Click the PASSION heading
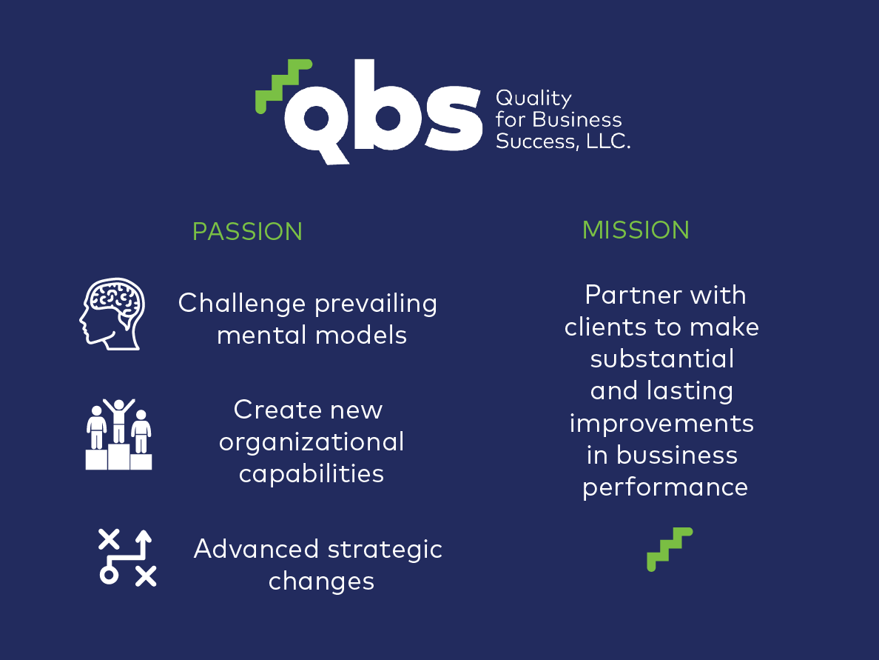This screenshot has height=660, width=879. (247, 232)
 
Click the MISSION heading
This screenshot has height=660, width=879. (636, 230)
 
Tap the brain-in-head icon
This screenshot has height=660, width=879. (112, 314)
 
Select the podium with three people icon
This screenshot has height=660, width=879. (118, 434)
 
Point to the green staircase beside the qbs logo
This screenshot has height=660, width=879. (283, 86)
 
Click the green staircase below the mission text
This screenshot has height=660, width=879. (670, 550)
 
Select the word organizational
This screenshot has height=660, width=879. (311, 443)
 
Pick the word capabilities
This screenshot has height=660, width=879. (311, 474)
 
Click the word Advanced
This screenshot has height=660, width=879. (256, 549)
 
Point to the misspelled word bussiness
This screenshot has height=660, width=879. (676, 455)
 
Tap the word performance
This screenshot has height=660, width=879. (665, 487)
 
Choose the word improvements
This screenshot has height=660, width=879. (661, 423)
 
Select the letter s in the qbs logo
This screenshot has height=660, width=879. (454, 119)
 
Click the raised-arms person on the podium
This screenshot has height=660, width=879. (118, 421)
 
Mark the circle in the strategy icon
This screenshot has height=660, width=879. (109, 575)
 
